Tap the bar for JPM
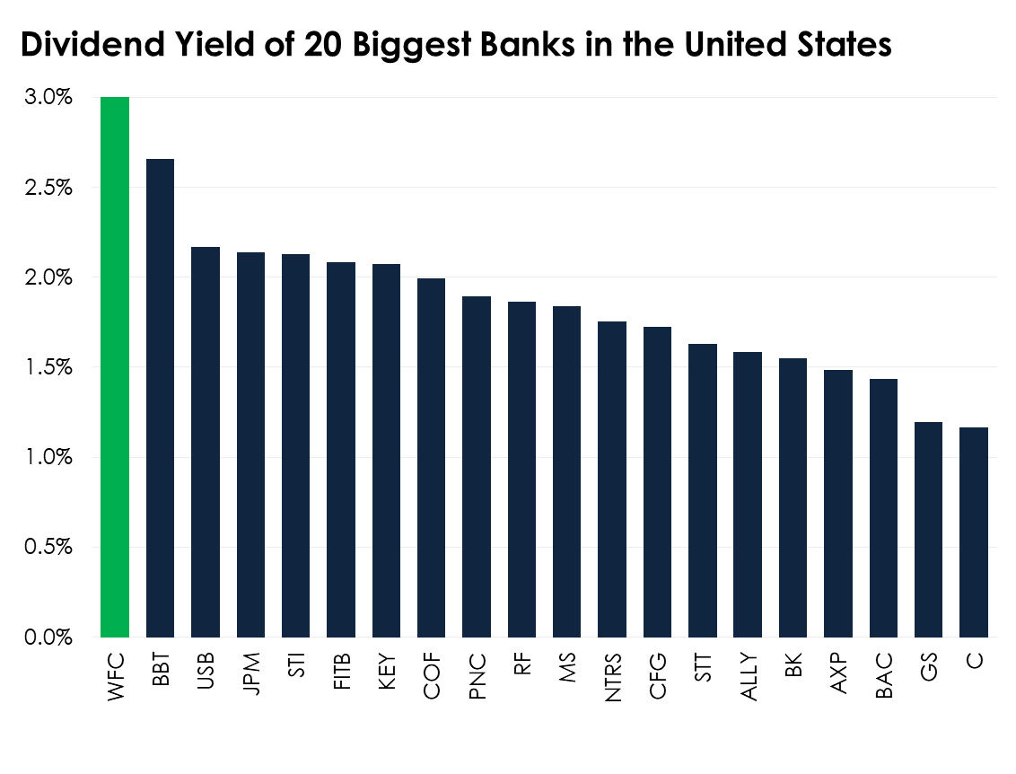(x=250, y=444)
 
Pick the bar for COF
(x=431, y=458)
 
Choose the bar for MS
(x=566, y=471)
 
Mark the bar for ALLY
(x=747, y=494)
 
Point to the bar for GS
(x=927, y=530)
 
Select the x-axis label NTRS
(x=613, y=678)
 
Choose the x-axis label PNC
(x=477, y=673)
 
